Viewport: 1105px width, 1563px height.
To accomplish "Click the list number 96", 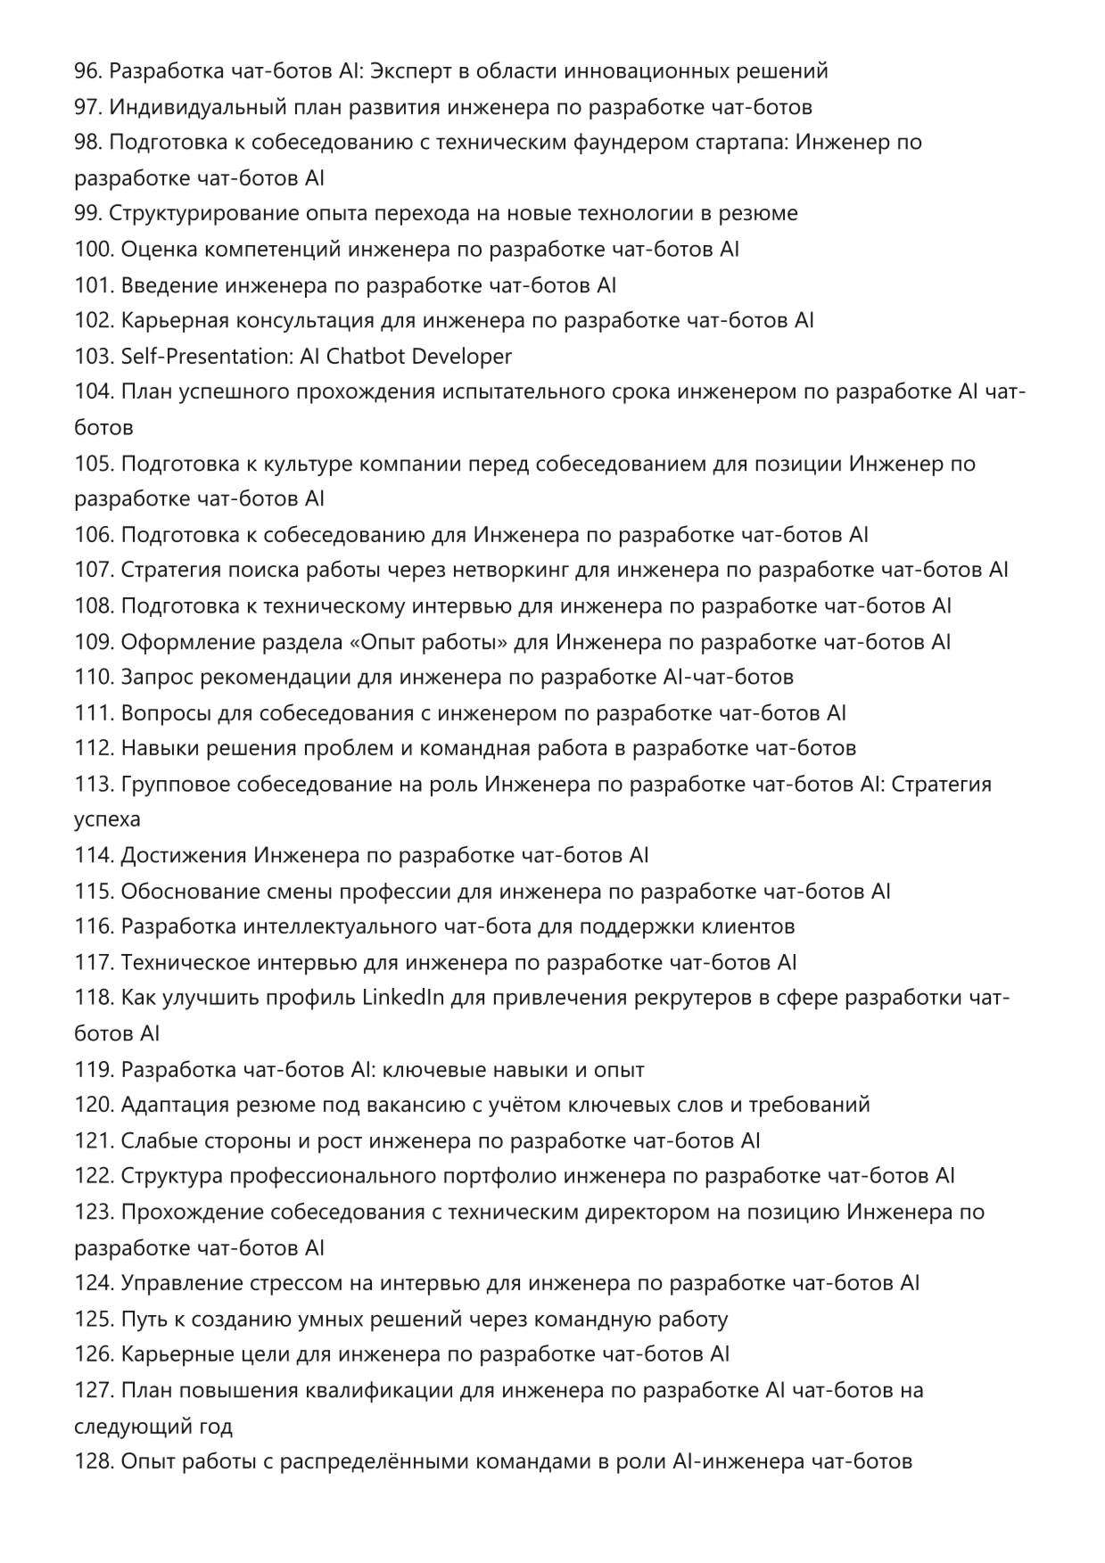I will point(88,71).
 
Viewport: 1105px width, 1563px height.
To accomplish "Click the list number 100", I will point(94,250).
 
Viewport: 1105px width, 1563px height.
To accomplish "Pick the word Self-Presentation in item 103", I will point(206,357).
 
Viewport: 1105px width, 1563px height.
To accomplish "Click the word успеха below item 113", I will point(107,819).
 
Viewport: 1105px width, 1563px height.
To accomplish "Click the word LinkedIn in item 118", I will point(403,998).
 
